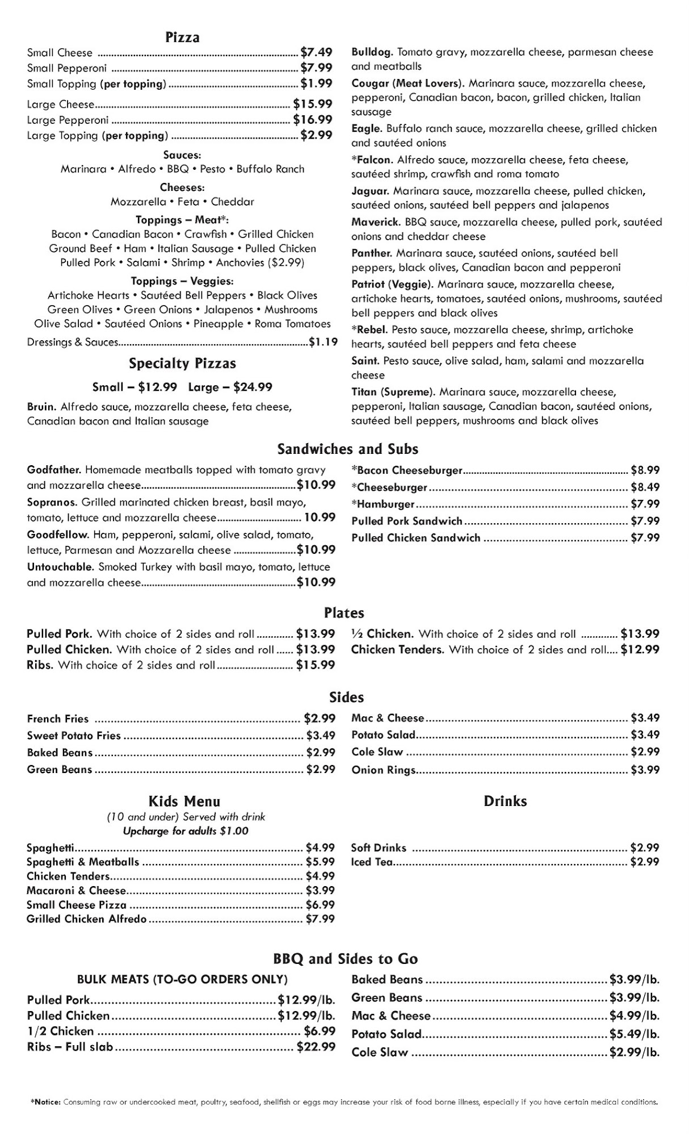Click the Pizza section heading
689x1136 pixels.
click(x=182, y=37)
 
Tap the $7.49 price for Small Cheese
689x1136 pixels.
click(x=316, y=52)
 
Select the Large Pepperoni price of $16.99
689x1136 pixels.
click(x=313, y=120)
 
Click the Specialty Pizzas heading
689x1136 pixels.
click(x=182, y=364)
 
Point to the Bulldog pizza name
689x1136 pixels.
click(x=372, y=52)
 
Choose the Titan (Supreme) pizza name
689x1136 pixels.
click(x=393, y=392)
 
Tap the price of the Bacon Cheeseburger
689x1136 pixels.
click(x=645, y=470)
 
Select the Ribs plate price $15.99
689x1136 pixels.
click(x=316, y=665)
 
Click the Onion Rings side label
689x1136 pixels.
click(x=383, y=770)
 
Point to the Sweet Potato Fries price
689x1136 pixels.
click(x=321, y=736)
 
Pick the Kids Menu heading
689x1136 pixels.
click(x=184, y=801)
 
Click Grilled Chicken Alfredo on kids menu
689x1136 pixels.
click(x=86, y=919)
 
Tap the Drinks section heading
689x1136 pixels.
click(x=505, y=801)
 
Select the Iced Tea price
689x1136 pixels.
click(x=645, y=862)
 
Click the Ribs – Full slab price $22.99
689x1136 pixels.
click(x=316, y=1047)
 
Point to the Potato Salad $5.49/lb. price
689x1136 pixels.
click(x=635, y=1034)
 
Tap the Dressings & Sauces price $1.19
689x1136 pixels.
click(x=323, y=342)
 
